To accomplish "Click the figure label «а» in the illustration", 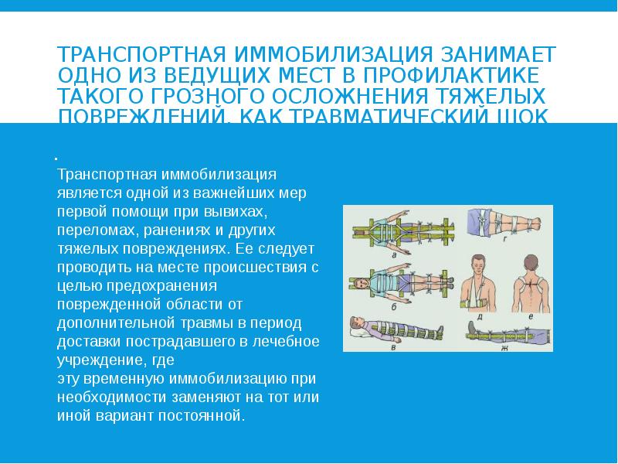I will [395, 253].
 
